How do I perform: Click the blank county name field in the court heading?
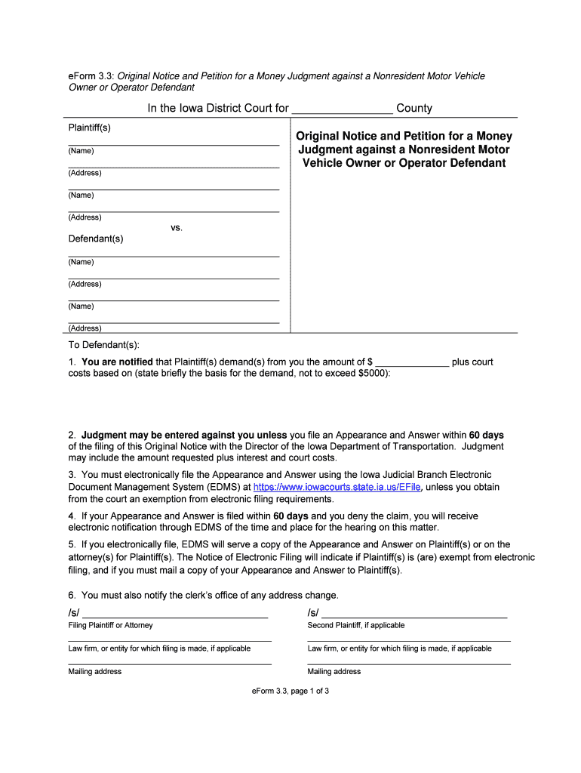tap(342, 109)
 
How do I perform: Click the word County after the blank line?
tap(414, 109)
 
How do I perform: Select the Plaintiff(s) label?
tap(90, 127)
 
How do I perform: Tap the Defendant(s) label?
tap(96, 239)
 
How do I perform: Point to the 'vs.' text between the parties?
tap(176, 227)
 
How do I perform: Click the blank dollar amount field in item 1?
tap(412, 362)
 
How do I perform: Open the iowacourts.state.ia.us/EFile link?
tap(337, 488)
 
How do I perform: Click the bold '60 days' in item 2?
tap(486, 436)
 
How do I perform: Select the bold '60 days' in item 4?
tap(290, 516)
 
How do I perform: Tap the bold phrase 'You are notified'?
tap(117, 362)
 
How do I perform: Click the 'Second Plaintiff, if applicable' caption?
tap(356, 625)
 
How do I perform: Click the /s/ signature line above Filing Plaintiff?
tap(175, 612)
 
